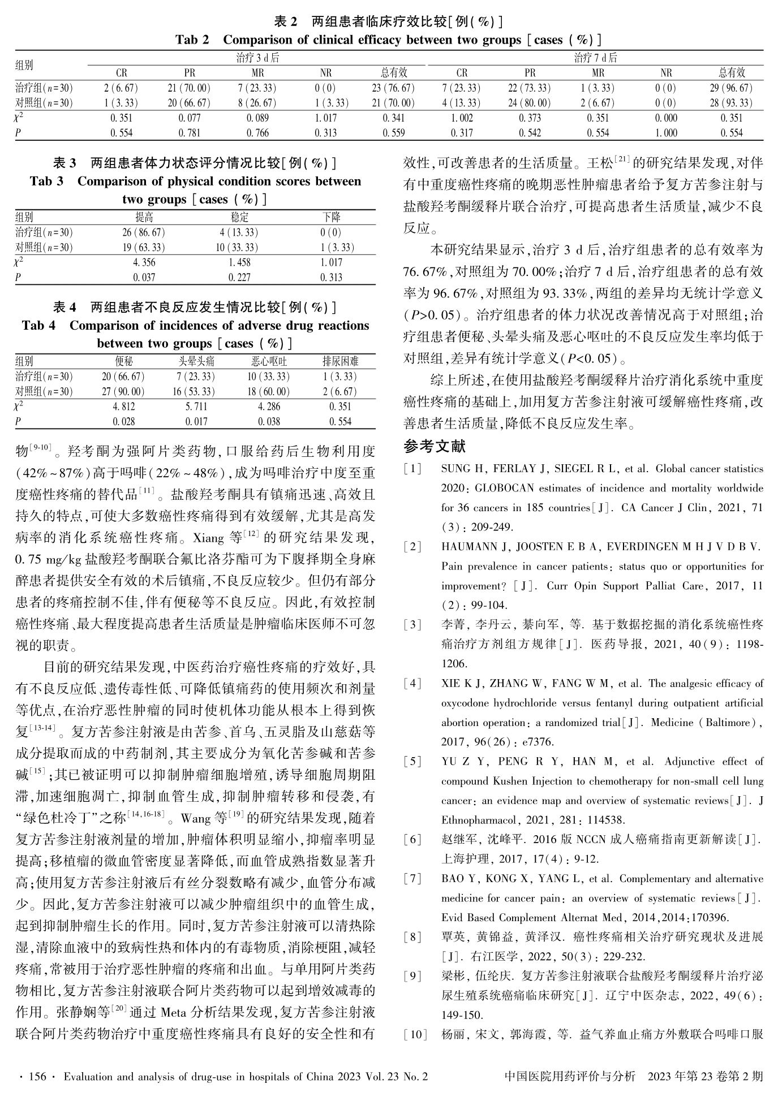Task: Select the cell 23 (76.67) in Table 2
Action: (393, 88)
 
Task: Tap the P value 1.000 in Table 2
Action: (666, 133)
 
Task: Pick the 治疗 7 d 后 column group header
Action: (595, 58)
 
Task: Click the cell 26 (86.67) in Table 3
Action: (144, 232)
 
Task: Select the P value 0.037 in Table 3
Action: (144, 277)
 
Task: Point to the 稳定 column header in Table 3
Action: (239, 217)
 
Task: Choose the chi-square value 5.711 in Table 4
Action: (196, 407)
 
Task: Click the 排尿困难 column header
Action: (340, 361)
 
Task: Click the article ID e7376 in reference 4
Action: (540, 741)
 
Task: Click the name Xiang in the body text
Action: (209, 536)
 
